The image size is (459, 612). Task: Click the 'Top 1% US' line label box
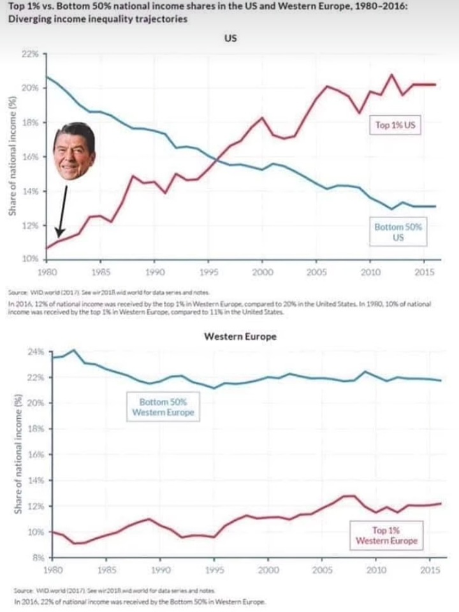395,126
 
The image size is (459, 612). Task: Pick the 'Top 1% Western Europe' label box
387,535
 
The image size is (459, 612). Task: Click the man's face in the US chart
75,152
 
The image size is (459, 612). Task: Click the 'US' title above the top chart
231,39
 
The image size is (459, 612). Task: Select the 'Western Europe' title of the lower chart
240,337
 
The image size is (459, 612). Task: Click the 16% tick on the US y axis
30,156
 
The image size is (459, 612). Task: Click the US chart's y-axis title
11,156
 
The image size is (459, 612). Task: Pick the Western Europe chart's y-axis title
19,454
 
